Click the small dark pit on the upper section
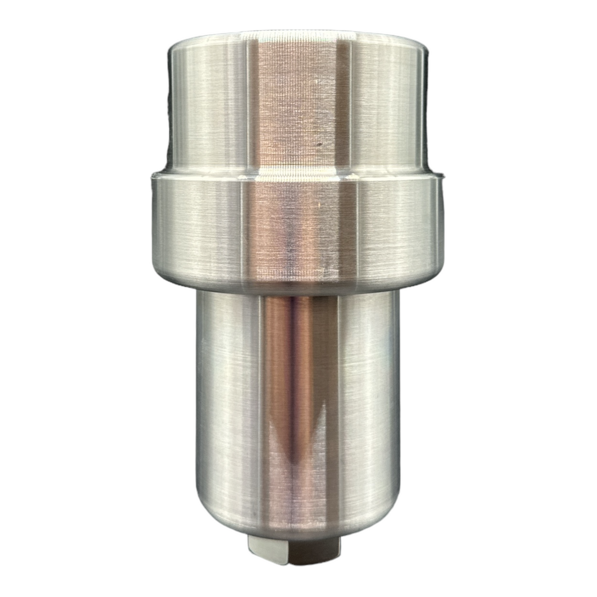coord(320,145)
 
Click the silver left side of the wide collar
coord(197,226)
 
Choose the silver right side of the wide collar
coord(398,226)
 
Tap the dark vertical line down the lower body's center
coord(290,418)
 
